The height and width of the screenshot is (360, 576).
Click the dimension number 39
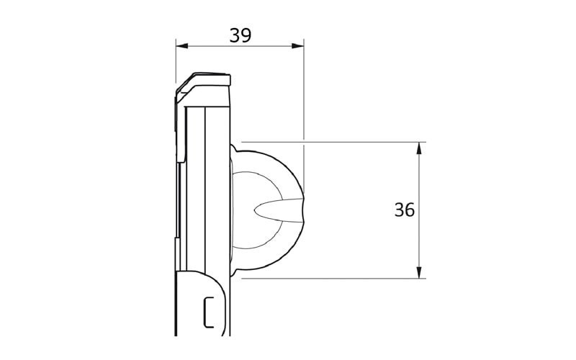click(240, 35)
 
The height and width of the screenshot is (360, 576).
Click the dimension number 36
click(405, 210)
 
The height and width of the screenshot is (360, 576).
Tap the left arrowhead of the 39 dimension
click(182, 46)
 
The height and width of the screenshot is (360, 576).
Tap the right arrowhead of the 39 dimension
click(298, 46)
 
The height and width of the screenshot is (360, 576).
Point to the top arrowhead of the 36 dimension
click(419, 148)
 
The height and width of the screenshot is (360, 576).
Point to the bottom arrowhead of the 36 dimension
click(419, 272)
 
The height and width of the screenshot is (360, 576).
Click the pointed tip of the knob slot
click(254, 210)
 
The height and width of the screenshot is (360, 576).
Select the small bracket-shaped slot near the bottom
click(208, 312)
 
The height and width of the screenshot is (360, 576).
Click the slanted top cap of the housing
click(203, 84)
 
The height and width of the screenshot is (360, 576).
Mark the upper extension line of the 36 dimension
click(333, 142)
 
